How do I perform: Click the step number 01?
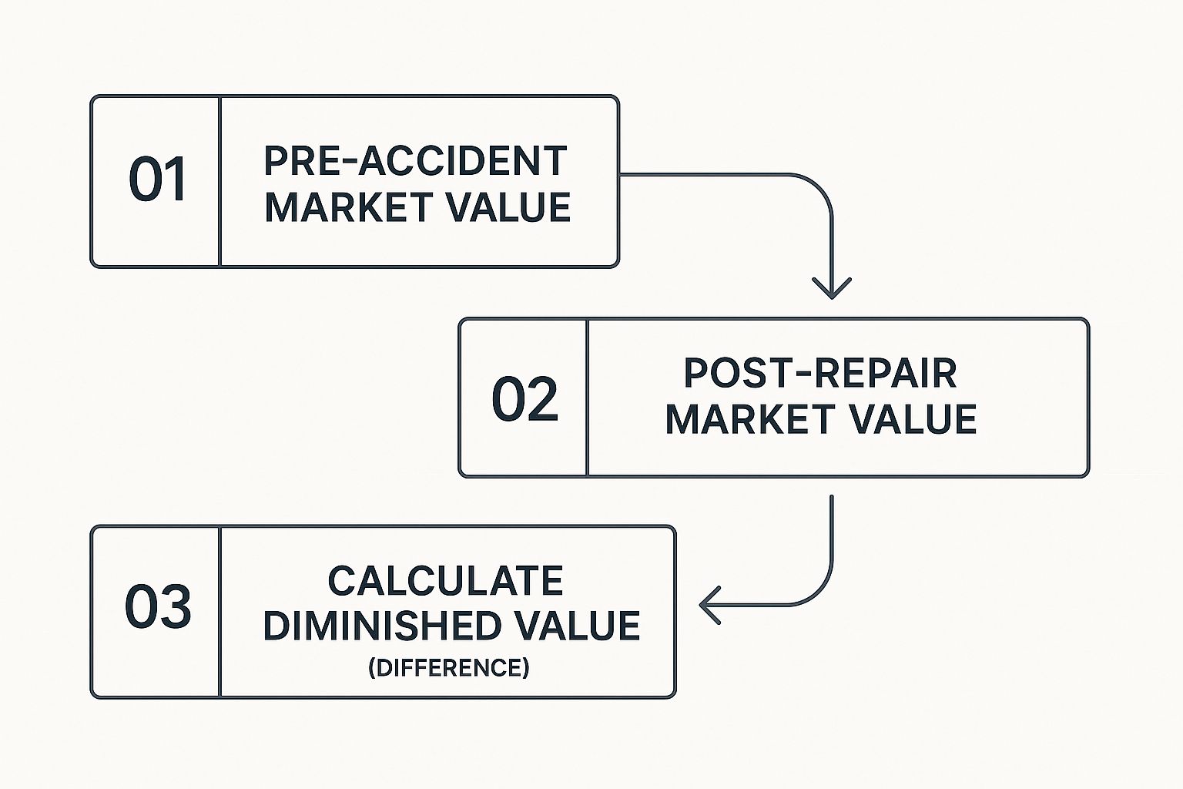tap(157, 180)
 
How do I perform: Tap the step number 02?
tap(524, 399)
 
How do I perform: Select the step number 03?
tap(158, 607)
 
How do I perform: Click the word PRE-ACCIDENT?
tap(415, 161)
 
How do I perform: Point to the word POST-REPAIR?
tap(820, 374)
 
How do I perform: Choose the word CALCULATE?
tap(445, 581)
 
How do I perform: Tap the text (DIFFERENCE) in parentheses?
tap(449, 667)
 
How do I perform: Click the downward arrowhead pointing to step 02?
tap(832, 290)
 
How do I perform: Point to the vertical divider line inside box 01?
tap(220, 182)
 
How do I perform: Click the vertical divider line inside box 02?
tap(588, 398)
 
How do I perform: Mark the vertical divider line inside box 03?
tap(220, 612)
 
